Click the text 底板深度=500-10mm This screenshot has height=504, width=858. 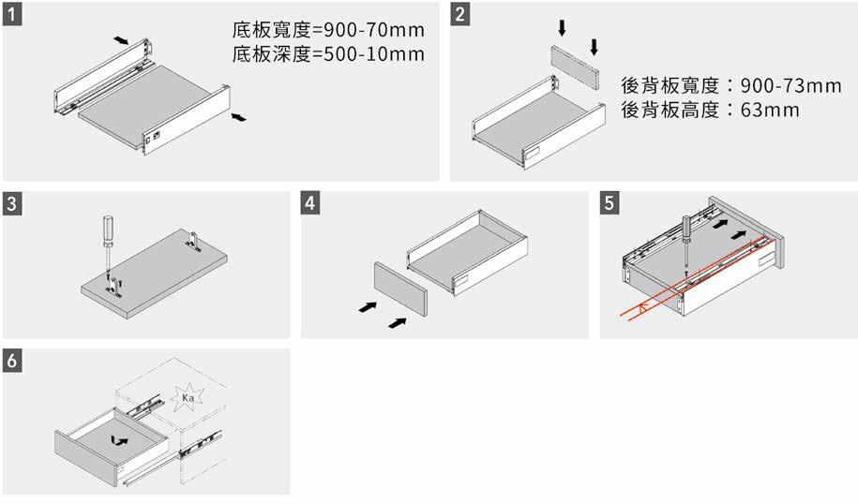(327, 53)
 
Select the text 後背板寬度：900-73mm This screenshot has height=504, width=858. (730, 85)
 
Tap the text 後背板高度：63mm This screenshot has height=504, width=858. (710, 111)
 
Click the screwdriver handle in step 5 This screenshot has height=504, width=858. (686, 226)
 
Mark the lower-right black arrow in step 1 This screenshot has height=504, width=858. (241, 116)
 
